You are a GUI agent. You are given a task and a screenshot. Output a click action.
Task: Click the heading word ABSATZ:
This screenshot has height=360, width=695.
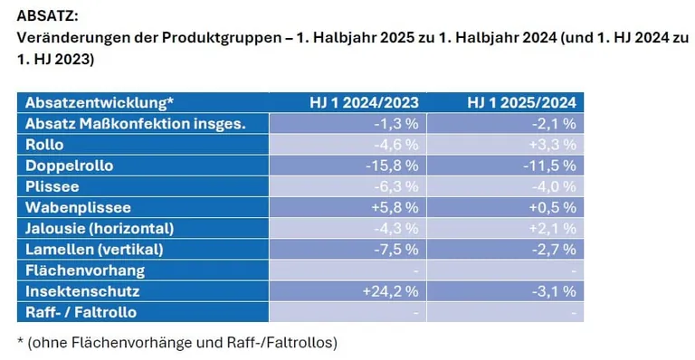(47, 16)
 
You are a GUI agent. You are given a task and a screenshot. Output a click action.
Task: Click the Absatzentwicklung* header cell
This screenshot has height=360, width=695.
(100, 102)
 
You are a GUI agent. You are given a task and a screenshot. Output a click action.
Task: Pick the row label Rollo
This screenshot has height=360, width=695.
(43, 144)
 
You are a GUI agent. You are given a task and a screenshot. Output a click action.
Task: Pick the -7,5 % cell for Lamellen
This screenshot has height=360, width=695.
(395, 249)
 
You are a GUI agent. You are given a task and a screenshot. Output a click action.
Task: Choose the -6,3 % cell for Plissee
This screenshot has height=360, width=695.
(395, 186)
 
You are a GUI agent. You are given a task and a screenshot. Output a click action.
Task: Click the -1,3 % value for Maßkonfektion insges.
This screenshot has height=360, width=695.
(395, 123)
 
